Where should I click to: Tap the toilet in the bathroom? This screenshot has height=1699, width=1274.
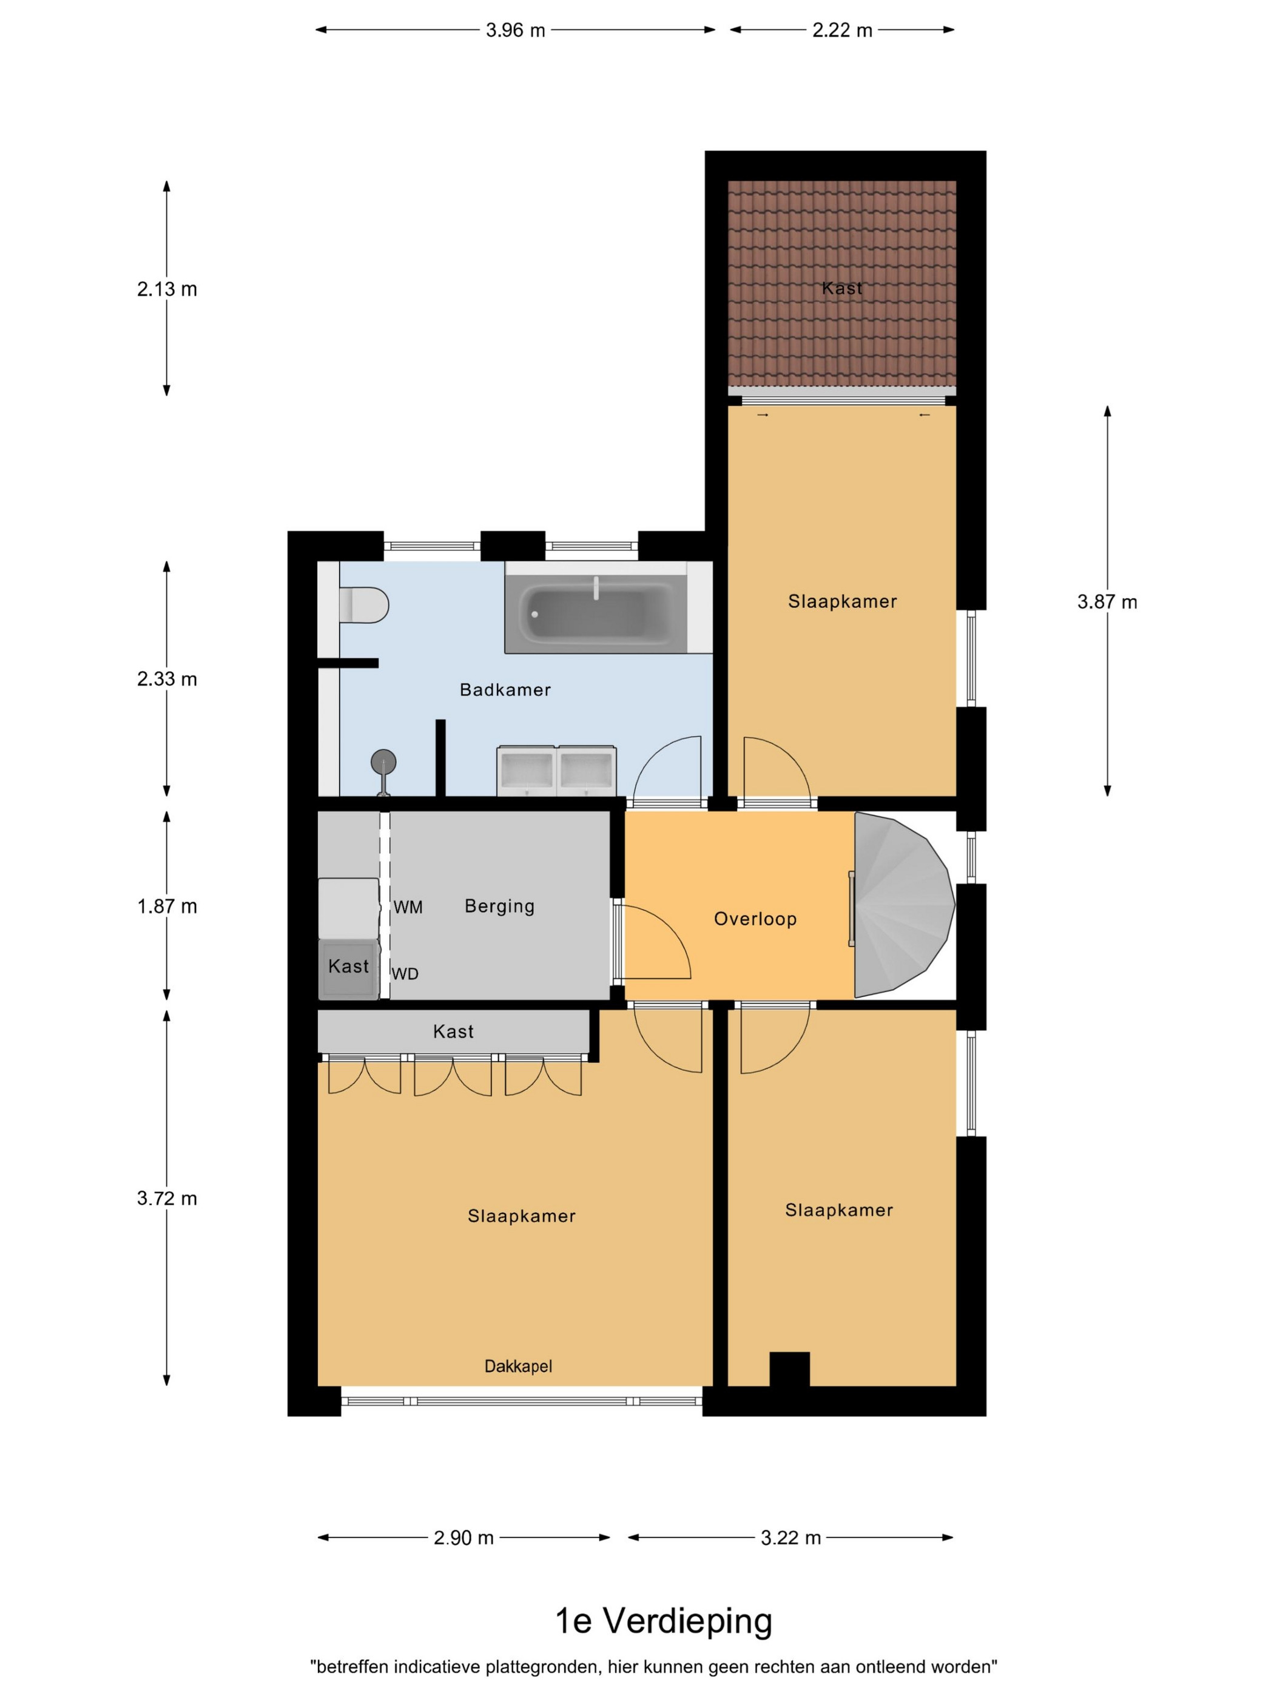(364, 604)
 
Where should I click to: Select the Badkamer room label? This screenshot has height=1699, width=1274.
(505, 690)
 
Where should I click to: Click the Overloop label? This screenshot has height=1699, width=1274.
(755, 919)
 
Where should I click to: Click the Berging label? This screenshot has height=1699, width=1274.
(499, 907)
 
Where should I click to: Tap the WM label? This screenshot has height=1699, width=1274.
(408, 907)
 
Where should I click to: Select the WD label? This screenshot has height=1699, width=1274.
(405, 974)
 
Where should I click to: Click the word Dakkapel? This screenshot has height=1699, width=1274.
(518, 1366)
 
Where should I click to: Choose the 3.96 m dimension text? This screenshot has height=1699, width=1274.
(515, 30)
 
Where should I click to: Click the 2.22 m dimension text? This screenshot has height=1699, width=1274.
(843, 30)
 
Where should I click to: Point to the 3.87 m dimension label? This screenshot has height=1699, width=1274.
(1107, 601)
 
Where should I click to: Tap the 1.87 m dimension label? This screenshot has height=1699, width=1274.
(167, 907)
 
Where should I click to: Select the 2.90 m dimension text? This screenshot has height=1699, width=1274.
(464, 1538)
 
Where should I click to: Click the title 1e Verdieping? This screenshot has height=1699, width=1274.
(664, 1621)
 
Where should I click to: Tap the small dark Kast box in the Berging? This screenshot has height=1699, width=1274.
(349, 968)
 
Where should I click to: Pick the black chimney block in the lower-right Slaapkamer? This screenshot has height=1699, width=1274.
(789, 1370)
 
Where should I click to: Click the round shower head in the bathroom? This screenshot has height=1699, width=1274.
(383, 762)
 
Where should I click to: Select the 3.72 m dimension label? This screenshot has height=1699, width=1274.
(167, 1198)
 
